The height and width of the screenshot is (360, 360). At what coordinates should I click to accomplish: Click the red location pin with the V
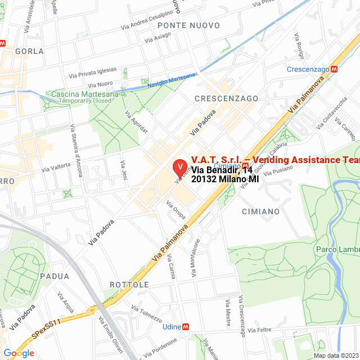179,168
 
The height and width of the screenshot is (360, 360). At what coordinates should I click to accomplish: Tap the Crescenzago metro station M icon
335,69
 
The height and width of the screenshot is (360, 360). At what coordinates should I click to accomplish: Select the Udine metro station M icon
186,327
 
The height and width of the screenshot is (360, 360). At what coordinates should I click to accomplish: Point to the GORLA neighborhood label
30,51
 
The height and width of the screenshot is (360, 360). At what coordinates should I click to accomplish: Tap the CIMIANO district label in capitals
260,211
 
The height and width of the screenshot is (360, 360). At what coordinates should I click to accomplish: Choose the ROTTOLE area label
129,285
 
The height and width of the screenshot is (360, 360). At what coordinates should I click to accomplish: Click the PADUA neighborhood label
55,276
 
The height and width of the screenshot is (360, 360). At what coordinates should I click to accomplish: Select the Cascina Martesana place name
85,94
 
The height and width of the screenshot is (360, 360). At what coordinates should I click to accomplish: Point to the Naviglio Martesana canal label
172,79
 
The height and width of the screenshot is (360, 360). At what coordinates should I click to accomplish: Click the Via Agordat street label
136,121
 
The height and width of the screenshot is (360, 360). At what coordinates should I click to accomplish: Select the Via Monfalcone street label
196,258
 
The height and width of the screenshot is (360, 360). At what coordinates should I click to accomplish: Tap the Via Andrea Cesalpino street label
147,20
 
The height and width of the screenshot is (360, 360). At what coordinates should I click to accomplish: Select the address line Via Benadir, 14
222,170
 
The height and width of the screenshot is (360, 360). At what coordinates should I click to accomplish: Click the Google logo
19,353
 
